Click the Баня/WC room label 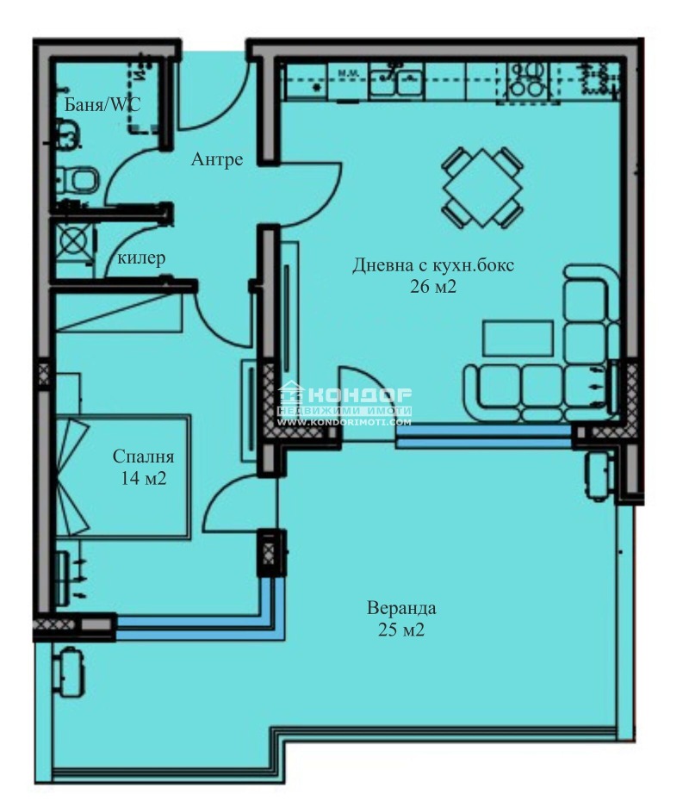(102, 104)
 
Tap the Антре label (217, 159)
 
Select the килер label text (141, 258)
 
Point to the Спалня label (144, 456)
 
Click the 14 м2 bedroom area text (144, 478)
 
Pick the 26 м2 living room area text (432, 287)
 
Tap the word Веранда (401, 608)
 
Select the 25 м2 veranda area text (401, 630)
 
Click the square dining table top (482, 188)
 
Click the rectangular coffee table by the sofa (518, 338)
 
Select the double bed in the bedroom (122, 476)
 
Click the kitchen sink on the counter (396, 81)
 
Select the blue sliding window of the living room (484, 436)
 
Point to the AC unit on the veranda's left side (67, 672)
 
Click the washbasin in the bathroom (67, 133)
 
